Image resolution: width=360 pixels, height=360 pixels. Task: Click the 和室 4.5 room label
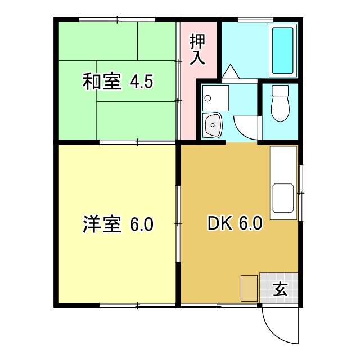118,82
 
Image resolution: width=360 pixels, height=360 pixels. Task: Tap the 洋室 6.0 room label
118,225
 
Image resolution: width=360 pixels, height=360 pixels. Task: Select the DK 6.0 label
235,224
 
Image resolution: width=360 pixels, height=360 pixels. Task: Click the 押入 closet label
197,49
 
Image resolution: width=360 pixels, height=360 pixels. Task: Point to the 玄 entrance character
280,289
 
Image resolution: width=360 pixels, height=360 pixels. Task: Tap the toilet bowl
279,104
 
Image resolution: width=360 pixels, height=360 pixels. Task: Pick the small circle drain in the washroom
208,98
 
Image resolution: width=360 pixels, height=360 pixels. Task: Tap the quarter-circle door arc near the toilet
245,127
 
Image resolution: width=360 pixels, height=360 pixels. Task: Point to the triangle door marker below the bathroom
230,73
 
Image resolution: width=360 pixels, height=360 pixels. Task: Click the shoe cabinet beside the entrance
249,289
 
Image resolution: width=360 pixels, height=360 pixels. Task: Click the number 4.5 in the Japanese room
141,82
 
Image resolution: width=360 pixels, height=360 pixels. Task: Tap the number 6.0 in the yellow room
141,225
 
